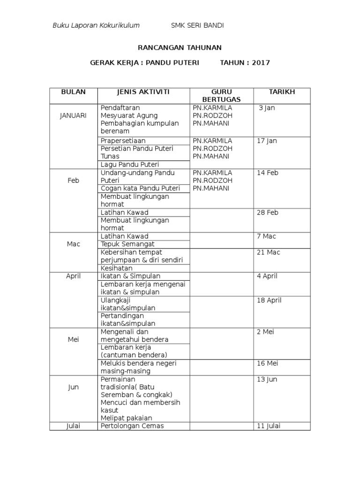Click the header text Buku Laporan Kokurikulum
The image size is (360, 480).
point(96,26)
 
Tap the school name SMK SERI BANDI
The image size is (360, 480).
point(197,26)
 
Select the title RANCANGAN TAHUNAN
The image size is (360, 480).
point(180,48)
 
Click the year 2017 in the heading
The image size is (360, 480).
point(261,63)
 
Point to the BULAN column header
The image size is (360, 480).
point(73,92)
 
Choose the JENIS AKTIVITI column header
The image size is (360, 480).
point(143,92)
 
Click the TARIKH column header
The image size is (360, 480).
point(282,92)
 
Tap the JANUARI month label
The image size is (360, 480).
point(73,116)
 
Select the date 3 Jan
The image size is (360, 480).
point(268,108)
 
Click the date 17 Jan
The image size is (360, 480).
point(267,141)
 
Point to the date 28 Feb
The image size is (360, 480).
point(268,212)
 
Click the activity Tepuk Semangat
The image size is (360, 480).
point(127,244)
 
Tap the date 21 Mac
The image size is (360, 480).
point(268,252)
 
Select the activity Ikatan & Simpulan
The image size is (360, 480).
point(130,276)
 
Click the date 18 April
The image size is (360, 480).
point(269,300)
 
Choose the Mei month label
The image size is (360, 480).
point(73,340)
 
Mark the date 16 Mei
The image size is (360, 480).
point(268,363)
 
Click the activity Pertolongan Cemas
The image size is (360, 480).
point(132,426)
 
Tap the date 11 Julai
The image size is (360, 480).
point(269,426)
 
